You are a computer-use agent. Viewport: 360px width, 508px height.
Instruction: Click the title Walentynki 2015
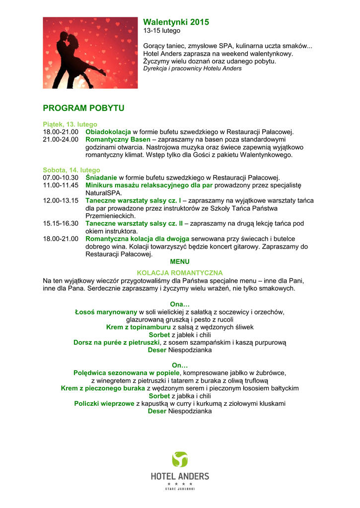(176, 22)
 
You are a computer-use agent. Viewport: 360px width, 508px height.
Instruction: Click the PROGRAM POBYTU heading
(83, 108)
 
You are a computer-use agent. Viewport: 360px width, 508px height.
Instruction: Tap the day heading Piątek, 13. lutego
(70, 124)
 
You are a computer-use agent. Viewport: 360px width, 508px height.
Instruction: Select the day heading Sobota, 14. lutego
(72, 170)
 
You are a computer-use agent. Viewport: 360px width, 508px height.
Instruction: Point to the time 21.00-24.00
(61, 139)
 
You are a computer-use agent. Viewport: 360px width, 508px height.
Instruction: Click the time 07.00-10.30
(61, 177)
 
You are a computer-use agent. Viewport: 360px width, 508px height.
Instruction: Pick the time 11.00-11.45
(61, 185)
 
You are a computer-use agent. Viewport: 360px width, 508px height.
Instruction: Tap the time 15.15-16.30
(61, 223)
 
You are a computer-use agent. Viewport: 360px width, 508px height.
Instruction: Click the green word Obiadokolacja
(108, 132)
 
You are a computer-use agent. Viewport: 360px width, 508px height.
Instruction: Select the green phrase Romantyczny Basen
(118, 139)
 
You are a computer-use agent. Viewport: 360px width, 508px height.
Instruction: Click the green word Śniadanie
(101, 177)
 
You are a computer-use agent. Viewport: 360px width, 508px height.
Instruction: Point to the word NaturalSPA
(104, 192)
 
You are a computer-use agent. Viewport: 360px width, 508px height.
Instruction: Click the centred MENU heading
(180, 261)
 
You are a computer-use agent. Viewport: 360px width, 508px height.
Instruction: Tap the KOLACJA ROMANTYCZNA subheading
(180, 273)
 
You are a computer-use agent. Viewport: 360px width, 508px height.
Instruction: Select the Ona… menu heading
(180, 304)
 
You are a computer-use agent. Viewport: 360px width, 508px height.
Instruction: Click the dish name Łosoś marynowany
(106, 312)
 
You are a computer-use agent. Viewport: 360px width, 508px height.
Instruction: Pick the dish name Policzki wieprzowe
(104, 403)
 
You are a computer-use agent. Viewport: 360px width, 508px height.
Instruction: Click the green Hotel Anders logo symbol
(180, 459)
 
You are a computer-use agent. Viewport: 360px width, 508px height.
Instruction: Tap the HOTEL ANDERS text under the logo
(180, 476)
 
